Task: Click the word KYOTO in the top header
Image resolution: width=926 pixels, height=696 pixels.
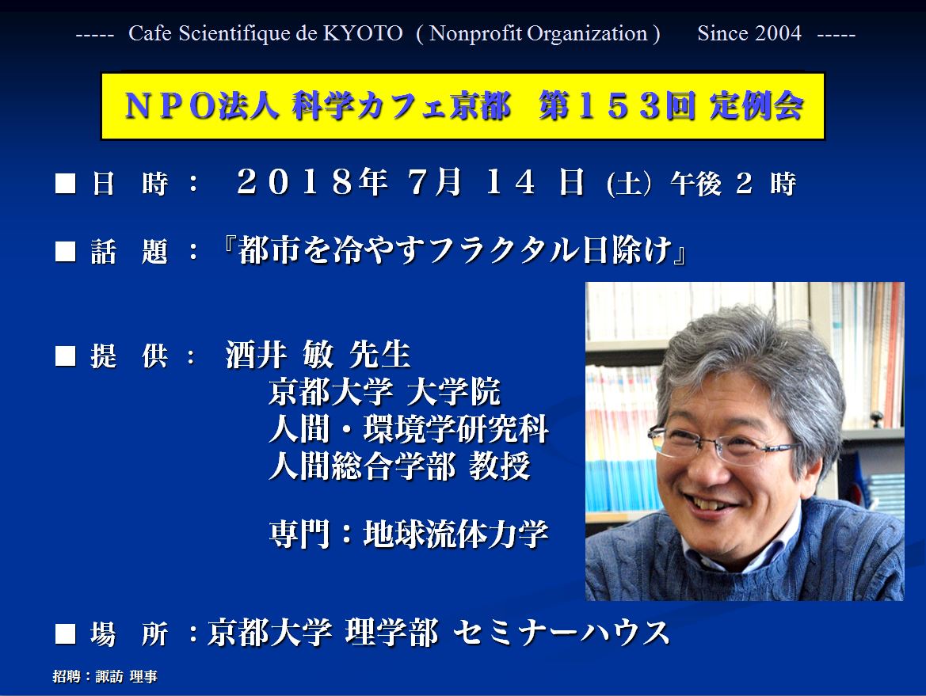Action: point(363,33)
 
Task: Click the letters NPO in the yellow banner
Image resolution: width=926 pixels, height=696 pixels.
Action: point(170,107)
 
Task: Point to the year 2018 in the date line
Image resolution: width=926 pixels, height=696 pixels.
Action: point(294,182)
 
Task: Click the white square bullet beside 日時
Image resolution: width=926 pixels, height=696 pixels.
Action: point(65,183)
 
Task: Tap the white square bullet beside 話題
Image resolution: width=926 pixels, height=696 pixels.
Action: point(65,251)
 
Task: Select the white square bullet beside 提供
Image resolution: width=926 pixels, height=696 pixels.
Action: point(65,356)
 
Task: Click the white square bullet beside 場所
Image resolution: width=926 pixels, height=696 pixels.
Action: point(65,634)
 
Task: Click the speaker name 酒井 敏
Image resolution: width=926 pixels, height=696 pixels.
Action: point(280,355)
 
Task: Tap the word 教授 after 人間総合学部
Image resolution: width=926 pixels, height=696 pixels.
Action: point(500,466)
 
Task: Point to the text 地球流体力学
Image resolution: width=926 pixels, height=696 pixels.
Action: point(456,534)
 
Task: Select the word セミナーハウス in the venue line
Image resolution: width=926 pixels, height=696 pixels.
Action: point(562,633)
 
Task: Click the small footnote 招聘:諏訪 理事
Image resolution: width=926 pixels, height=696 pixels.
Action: point(105,676)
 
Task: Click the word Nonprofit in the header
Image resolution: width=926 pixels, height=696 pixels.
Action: point(476,33)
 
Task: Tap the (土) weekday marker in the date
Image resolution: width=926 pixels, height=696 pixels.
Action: point(629,184)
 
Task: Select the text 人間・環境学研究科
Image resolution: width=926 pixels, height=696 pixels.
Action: point(409,429)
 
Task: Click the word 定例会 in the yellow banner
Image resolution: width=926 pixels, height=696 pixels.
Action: point(756,106)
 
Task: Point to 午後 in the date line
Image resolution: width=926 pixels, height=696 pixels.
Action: point(695,184)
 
